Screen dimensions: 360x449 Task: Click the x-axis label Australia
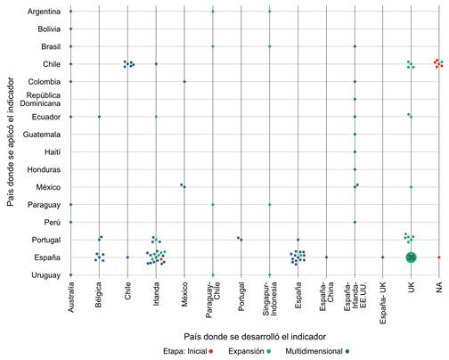[x=70, y=298]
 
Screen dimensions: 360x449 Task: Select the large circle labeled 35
[x=411, y=257]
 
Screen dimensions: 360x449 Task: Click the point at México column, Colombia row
[x=184, y=81]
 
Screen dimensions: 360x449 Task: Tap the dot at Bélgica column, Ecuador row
[x=99, y=117]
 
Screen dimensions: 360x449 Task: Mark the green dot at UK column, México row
[x=411, y=187]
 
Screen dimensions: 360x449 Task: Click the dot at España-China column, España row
[x=326, y=258]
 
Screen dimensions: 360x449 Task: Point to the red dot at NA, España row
[x=439, y=258]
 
